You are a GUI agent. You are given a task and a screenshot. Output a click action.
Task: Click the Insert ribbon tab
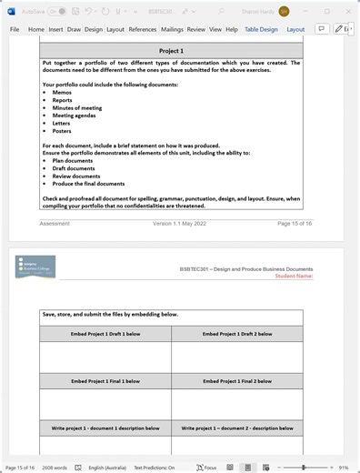tap(56, 29)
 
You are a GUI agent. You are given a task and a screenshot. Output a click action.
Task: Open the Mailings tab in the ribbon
tap(172, 29)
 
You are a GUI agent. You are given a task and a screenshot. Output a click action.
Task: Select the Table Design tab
tap(261, 29)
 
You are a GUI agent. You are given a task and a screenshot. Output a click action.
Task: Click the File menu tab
tap(15, 29)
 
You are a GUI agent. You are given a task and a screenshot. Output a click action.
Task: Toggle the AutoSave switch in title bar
tap(56, 11)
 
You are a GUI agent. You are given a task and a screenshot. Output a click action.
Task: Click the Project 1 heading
tap(171, 52)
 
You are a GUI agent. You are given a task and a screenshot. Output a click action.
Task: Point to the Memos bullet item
tap(62, 93)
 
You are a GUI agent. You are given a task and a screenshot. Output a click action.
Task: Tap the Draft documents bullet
tap(74, 168)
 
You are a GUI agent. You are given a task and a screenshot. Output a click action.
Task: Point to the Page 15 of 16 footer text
tap(295, 223)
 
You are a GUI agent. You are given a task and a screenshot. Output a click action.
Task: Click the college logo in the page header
tap(35, 267)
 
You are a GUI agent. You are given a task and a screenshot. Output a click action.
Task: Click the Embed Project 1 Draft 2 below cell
tap(236, 334)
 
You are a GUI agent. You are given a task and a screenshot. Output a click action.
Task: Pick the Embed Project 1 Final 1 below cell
tap(105, 380)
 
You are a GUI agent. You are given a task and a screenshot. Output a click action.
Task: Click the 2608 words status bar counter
tap(55, 467)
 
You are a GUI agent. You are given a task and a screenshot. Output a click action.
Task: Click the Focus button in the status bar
tap(205, 467)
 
